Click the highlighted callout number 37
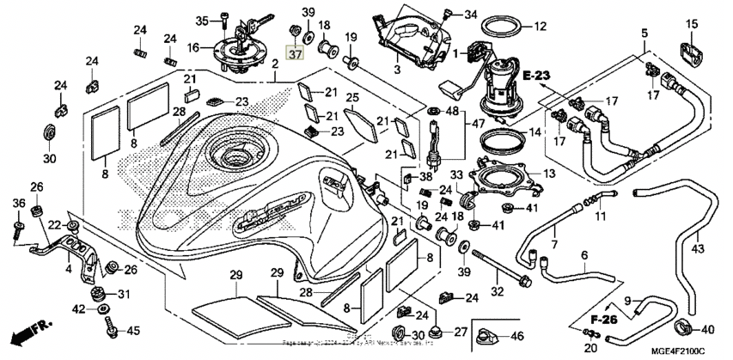pos(296,54)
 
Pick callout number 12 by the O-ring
pos(539,27)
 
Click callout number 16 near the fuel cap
pos(193,47)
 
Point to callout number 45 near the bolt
pos(132,331)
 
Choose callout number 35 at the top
pos(202,21)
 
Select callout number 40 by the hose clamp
pos(708,328)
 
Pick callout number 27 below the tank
pos(460,331)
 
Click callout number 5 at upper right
pos(642,34)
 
